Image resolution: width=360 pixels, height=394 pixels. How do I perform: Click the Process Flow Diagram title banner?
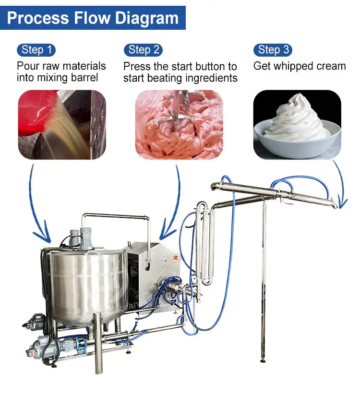click(93, 18)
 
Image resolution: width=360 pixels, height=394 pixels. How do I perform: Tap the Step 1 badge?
click(36, 50)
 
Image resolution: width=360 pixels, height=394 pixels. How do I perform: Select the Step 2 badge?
click(143, 50)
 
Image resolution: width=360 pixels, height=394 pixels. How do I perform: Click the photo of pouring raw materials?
click(61, 124)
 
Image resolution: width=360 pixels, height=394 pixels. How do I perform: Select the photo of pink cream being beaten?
click(179, 124)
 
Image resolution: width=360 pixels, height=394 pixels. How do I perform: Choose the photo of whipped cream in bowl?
click(297, 124)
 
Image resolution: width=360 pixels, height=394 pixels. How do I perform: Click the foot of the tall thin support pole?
click(263, 360)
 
